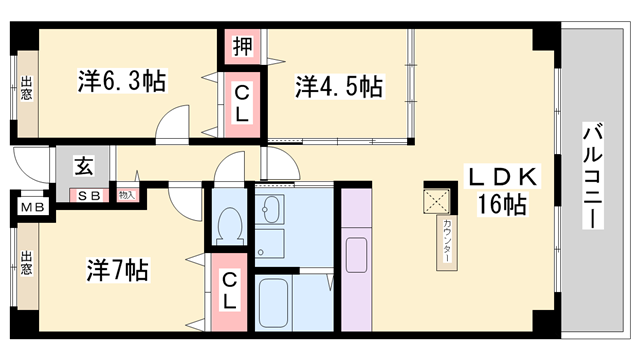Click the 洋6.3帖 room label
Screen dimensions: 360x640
click(121, 81)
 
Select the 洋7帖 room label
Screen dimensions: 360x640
click(117, 270)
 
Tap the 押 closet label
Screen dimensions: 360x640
click(242, 45)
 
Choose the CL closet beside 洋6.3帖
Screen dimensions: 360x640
click(242, 103)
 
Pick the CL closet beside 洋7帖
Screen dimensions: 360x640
click(229, 289)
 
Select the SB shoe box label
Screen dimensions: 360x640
click(89, 195)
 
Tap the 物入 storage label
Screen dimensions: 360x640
click(127, 195)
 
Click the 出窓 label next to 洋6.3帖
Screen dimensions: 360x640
click(26, 89)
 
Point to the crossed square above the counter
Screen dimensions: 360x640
click(437, 199)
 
